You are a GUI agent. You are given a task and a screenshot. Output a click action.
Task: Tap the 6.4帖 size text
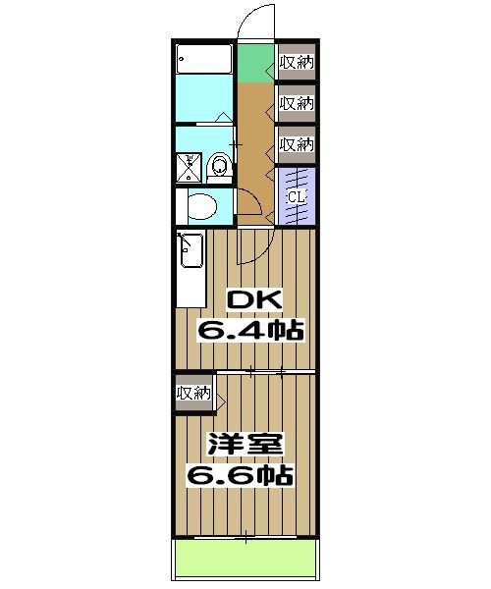click(x=249, y=330)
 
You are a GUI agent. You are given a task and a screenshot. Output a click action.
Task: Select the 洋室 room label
click(x=245, y=445)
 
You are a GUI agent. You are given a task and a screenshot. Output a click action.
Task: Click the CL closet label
click(x=297, y=197)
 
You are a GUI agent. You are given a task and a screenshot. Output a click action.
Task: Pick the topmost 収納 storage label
click(x=296, y=64)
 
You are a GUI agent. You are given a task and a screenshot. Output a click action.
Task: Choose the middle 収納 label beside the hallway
click(x=296, y=102)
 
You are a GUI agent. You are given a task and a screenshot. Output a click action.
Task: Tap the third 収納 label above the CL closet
click(x=296, y=144)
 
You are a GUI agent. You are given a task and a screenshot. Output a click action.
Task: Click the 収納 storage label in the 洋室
click(x=193, y=394)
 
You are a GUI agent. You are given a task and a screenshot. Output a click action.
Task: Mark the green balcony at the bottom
click(x=245, y=561)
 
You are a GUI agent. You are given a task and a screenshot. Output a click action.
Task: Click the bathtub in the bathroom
click(x=204, y=61)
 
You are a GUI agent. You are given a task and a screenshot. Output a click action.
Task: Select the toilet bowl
click(x=203, y=207)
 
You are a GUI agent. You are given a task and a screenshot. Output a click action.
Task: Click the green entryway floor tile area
click(x=256, y=64)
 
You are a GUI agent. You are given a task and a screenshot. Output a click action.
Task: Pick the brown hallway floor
click(x=256, y=137)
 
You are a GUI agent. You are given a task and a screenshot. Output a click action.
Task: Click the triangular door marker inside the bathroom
click(x=225, y=118)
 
